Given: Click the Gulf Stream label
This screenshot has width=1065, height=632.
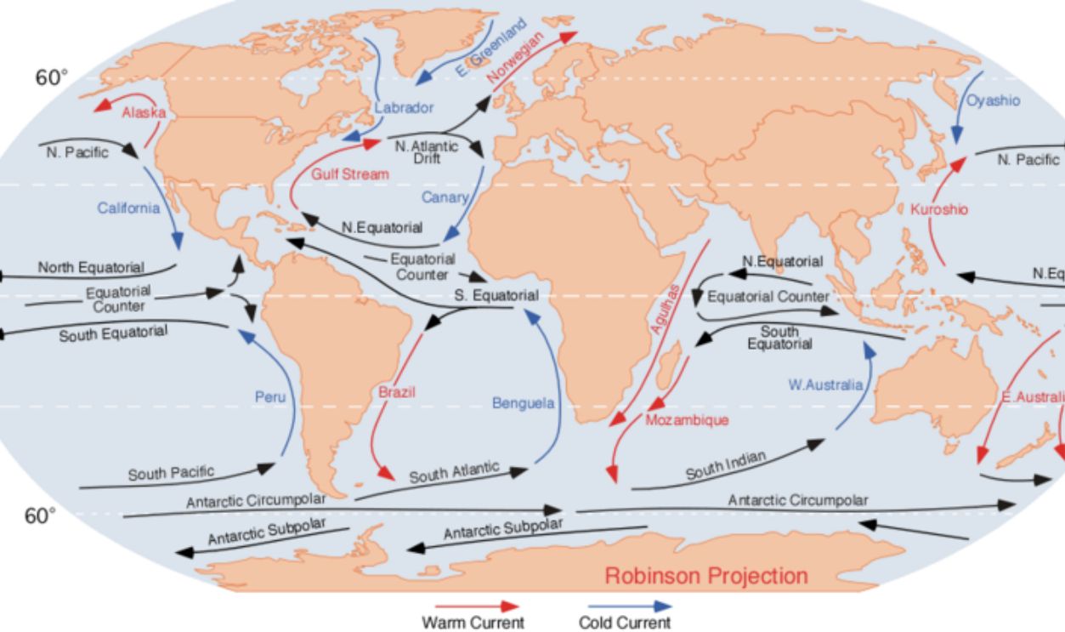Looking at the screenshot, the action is coord(349,174).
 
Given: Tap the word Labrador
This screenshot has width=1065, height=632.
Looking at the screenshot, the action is coord(404,108).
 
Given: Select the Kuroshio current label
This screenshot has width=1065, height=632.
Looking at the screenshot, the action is coord(938,209).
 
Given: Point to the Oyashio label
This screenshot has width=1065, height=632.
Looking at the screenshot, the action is coord(994,100).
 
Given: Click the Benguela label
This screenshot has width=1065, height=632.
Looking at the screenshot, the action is coord(523,402).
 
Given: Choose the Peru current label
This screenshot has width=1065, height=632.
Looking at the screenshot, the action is coord(271,396).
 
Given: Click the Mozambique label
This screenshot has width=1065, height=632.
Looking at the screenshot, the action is coord(686,420).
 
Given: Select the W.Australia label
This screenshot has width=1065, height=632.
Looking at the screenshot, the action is coord(824,385).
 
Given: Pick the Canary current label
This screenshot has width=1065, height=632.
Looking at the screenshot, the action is coord(445,197).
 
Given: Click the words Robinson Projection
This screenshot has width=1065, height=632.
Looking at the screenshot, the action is coord(706,576).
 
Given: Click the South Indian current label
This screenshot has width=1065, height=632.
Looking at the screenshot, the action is coord(726,467).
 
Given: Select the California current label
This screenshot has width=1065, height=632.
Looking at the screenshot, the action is coord(128,208).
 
